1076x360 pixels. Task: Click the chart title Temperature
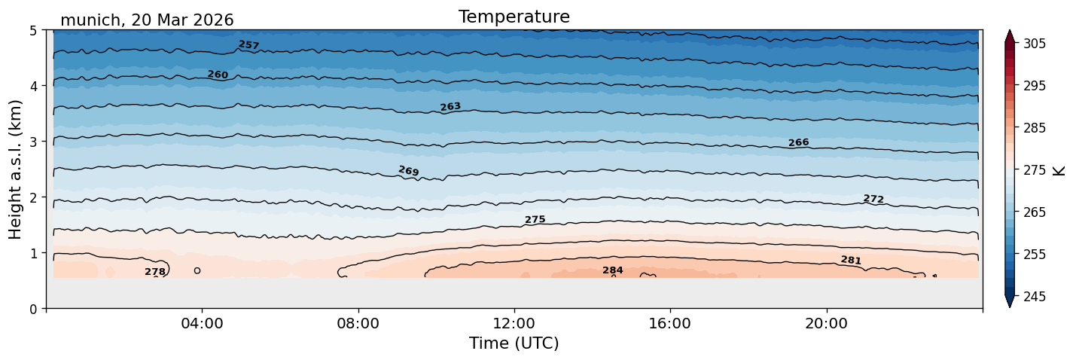click(x=514, y=17)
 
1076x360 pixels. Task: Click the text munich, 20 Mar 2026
click(x=147, y=20)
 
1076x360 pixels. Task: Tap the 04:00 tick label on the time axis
click(x=203, y=323)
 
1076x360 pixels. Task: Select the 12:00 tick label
click(x=514, y=323)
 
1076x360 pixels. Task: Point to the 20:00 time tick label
click(x=827, y=323)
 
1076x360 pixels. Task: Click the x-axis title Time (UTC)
click(x=514, y=343)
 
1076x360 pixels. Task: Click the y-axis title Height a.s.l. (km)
click(x=15, y=169)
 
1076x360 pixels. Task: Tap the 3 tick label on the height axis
click(x=33, y=142)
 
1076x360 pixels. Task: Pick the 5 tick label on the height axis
click(x=33, y=31)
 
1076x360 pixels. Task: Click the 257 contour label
click(x=248, y=45)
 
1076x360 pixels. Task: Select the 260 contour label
click(x=218, y=75)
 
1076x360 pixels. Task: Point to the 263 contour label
click(x=450, y=107)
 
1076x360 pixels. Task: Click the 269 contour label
click(x=409, y=171)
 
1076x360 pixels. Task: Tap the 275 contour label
click(x=535, y=220)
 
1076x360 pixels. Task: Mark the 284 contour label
click(x=613, y=270)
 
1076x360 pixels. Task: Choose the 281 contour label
click(x=851, y=260)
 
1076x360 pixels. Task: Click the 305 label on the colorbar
click(x=1035, y=44)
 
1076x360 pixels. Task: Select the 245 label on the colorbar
click(x=1035, y=297)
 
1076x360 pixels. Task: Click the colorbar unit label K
click(x=1059, y=171)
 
